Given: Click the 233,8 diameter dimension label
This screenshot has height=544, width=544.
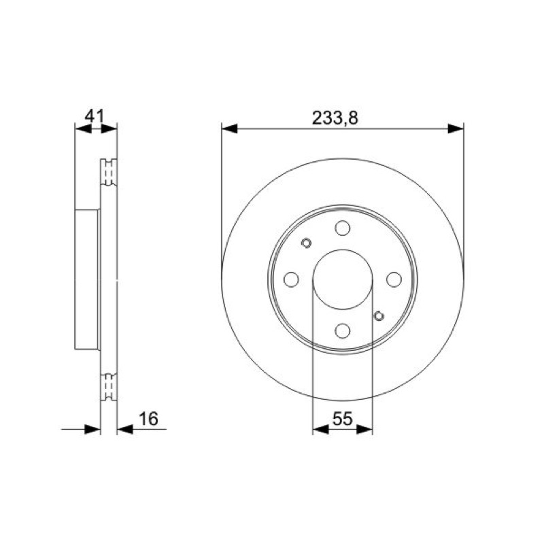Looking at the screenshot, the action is (335, 118).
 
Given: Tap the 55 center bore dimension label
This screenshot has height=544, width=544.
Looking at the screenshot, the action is (342, 418).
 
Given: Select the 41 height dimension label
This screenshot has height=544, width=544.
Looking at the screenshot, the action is (95, 116).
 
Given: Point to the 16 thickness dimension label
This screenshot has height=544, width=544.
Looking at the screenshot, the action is (148, 418).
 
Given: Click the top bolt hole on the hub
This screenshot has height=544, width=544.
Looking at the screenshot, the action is (343, 228).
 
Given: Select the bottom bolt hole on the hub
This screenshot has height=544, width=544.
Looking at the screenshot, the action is (343, 330).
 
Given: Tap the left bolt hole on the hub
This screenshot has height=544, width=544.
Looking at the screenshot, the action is (291, 279).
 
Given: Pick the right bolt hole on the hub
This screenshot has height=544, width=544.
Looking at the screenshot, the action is (394, 279).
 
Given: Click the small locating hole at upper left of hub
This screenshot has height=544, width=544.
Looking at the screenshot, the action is (306, 243).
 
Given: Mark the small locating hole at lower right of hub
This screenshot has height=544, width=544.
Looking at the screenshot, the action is (379, 316).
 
